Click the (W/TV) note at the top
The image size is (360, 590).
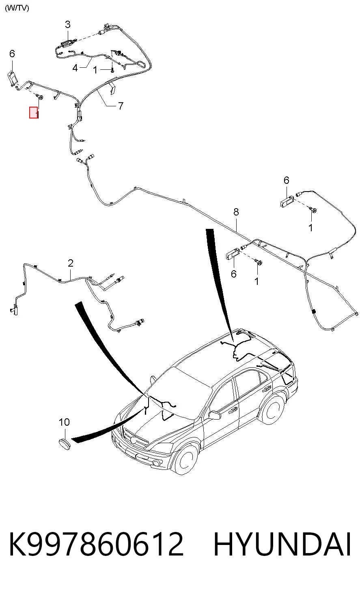pyautogui.click(x=17, y=8)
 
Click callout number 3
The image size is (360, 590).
pyautogui.click(x=68, y=24)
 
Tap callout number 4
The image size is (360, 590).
pyautogui.click(x=75, y=68)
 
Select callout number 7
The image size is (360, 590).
pyautogui.click(x=121, y=106)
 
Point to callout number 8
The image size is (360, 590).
pyautogui.click(x=236, y=212)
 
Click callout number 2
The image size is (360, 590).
pyautogui.click(x=70, y=263)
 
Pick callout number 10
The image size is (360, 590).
pyautogui.click(x=64, y=422)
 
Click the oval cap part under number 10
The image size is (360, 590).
pyautogui.click(x=65, y=444)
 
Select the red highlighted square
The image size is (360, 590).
pyautogui.click(x=33, y=112)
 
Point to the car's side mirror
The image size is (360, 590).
pyautogui.click(x=215, y=416)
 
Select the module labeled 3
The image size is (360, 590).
pyautogui.click(x=67, y=43)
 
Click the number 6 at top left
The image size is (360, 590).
pyautogui.click(x=12, y=54)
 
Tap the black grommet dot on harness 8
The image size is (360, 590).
pyautogui.click(x=314, y=312)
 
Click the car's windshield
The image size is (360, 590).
pyautogui.click(x=179, y=392)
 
